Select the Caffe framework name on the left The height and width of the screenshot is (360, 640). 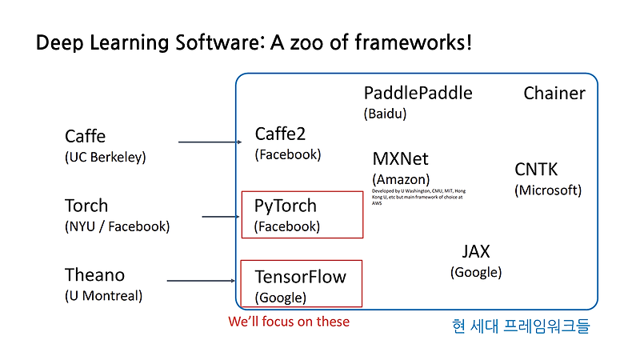coord(85,136)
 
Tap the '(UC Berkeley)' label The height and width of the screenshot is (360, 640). coord(106,157)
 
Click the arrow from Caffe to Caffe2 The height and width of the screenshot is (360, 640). coord(210,142)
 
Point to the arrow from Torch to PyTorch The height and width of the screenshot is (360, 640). coord(222,216)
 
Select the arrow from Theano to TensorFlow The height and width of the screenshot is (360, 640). coord(204,281)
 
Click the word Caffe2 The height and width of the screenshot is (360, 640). coord(280,134)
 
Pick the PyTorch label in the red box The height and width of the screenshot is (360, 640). coord(285,206)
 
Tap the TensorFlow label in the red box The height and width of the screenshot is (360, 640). coord(300,278)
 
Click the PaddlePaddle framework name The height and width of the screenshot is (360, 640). coord(418,93)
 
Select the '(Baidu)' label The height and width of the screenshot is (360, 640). coord(385,114)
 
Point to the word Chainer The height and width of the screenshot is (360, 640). coord(554,94)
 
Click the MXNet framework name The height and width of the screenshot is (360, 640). coord(400,158)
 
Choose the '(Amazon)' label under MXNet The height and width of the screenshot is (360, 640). coord(401,179)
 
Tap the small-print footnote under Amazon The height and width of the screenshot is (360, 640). coord(418,197)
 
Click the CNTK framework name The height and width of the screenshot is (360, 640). coord(536,170)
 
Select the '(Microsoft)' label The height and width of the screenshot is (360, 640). coord(548,190)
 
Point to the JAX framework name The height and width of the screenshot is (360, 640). coord(476,252)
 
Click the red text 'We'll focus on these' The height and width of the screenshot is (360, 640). coord(289,322)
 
